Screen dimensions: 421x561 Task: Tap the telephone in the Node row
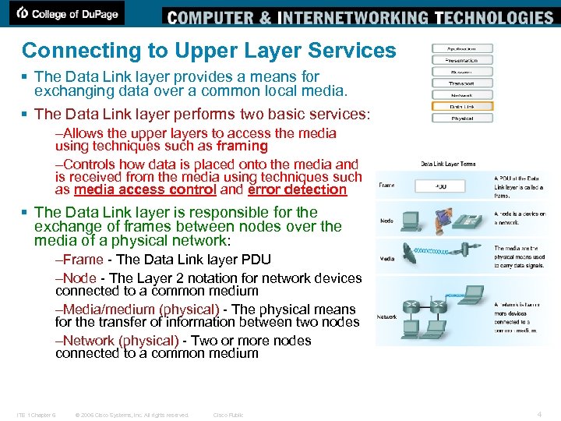(467, 221)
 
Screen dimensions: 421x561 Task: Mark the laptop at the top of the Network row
(471, 294)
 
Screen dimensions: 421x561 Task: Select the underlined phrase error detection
(297, 189)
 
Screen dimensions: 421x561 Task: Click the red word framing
(242, 146)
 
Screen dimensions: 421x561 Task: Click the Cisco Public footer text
(228, 415)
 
